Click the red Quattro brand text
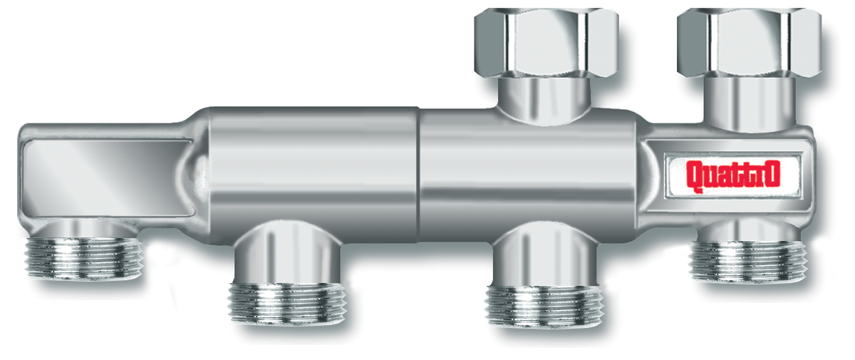[x=730, y=176]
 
